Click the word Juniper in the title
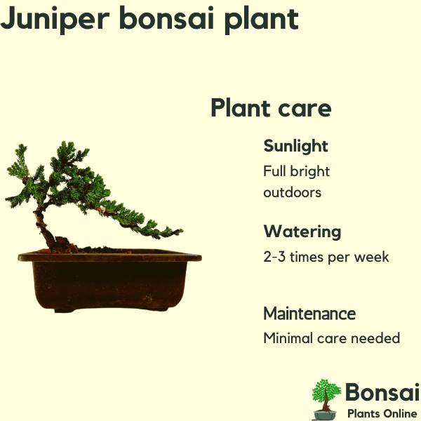click(x=55, y=20)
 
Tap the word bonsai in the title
click(x=166, y=18)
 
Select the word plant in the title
click(x=262, y=20)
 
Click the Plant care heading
click(x=271, y=107)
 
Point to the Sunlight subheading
click(x=295, y=147)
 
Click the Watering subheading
click(x=302, y=232)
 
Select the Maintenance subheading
click(x=309, y=314)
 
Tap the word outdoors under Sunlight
click(x=292, y=192)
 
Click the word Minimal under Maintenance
click(x=288, y=338)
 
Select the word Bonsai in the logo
click(x=382, y=392)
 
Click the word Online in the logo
click(x=400, y=413)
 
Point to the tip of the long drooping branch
click(x=182, y=230)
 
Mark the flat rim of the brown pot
click(x=109, y=257)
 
